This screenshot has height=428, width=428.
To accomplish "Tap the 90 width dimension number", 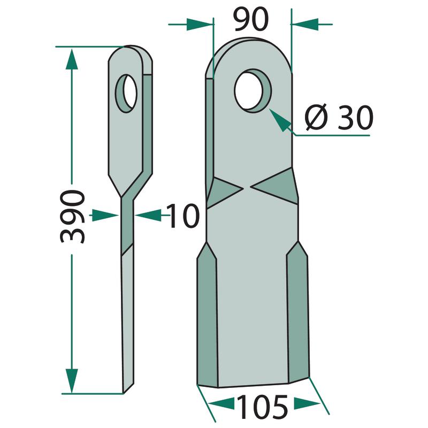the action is (x=251, y=20).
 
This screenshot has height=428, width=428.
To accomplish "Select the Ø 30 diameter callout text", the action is (x=339, y=117).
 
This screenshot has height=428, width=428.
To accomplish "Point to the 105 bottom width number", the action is (x=262, y=407).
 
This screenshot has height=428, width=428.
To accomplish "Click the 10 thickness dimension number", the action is (x=183, y=216).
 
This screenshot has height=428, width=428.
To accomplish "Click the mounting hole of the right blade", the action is (x=253, y=91).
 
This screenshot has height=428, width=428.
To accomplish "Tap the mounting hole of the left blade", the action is (x=126, y=93).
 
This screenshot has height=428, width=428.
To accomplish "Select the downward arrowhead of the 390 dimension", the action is (x=72, y=380).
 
